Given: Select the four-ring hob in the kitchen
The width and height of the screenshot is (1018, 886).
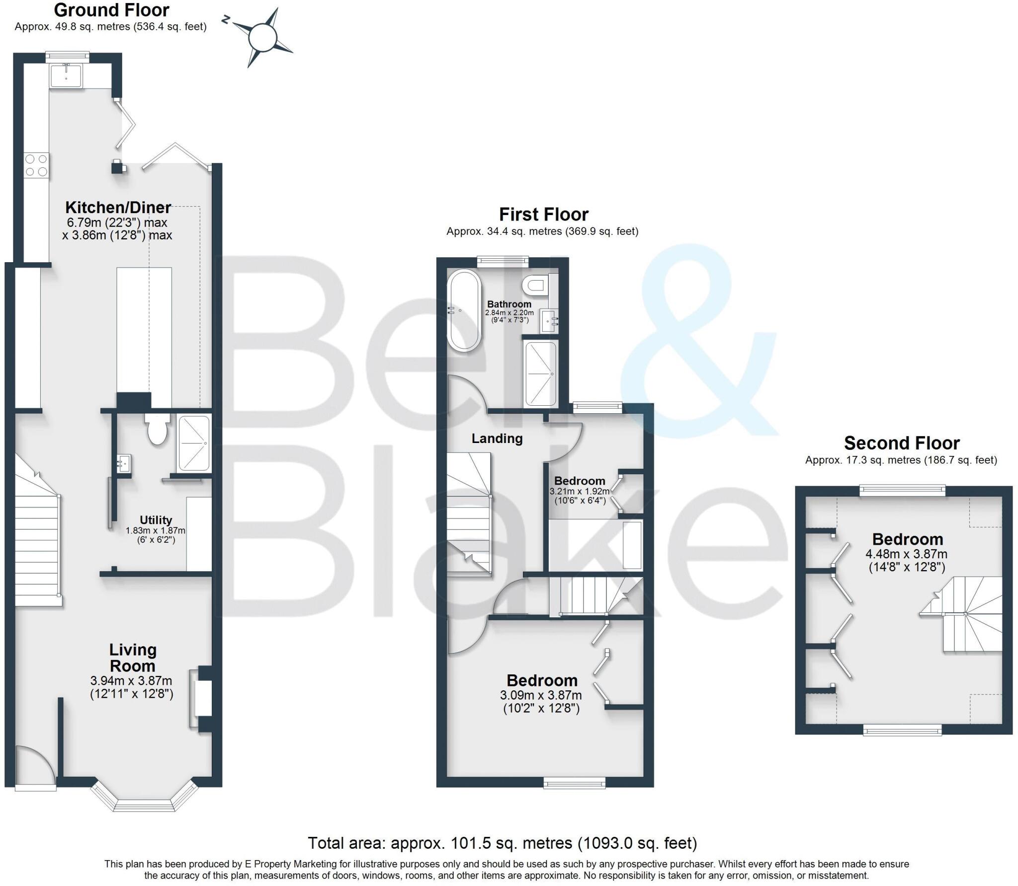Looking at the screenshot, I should click(x=36, y=165).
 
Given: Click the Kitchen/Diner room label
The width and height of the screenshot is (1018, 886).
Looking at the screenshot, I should click(x=118, y=207).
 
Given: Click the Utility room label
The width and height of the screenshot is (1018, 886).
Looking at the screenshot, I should click(x=156, y=520).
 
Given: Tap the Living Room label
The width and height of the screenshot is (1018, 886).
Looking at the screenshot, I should click(x=132, y=658).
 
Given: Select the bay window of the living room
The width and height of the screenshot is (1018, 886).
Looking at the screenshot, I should click(x=144, y=803).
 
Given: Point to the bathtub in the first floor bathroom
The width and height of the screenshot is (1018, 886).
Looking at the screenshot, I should click(x=464, y=310).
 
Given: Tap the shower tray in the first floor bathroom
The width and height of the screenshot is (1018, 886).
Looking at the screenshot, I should click(x=540, y=373).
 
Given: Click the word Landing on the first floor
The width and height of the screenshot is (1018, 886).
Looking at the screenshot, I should click(x=497, y=439).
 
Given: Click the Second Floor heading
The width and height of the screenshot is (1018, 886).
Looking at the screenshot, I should click(x=901, y=443).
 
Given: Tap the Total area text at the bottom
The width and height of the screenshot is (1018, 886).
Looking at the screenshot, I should click(x=502, y=843).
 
